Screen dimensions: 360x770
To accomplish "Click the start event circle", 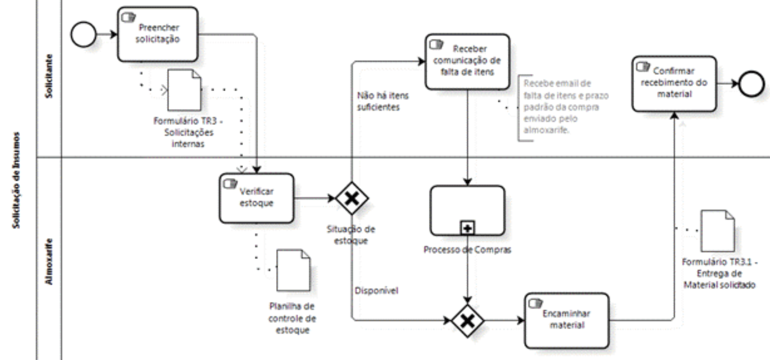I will [84, 35].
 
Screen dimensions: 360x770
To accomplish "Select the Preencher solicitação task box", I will [157, 34].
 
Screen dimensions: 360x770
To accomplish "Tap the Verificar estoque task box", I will [256, 198].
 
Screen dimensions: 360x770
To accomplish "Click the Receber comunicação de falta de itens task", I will [467, 62].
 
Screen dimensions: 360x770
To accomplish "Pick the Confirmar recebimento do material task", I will [674, 83].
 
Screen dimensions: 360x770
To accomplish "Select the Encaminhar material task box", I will [566, 320].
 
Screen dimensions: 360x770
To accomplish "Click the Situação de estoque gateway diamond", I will [352, 198].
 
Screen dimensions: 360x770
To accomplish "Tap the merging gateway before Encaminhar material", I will [467, 320].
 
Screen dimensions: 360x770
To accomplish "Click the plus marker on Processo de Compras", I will [467, 228].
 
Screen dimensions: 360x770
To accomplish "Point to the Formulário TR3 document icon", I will [184, 90].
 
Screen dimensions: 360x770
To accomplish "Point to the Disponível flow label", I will [376, 290].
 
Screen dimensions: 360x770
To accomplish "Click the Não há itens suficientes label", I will [378, 101].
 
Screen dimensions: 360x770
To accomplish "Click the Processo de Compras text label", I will [467, 250].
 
